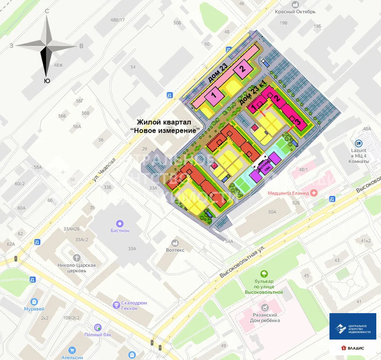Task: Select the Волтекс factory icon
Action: tap(175, 243)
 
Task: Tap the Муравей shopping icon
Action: tap(34, 301)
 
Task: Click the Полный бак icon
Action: tap(97, 327)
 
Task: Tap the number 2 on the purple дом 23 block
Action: tap(242, 69)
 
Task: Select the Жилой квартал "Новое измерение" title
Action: tap(165, 126)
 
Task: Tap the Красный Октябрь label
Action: tap(295, 12)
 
